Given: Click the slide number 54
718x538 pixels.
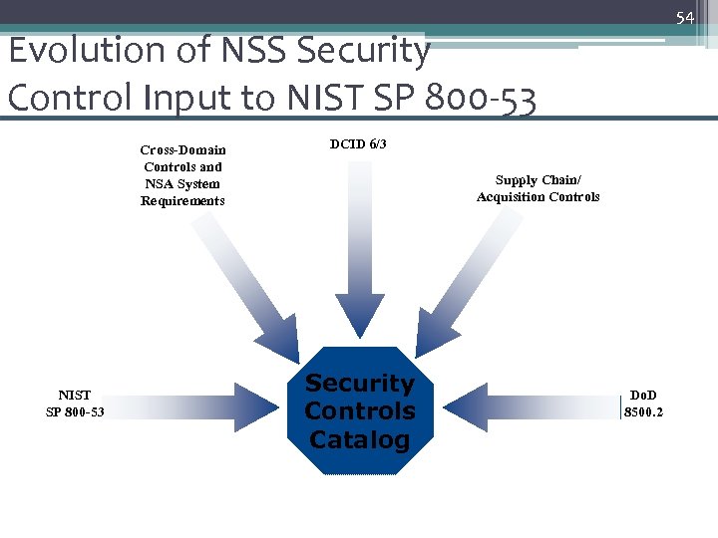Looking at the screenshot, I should tap(684, 18).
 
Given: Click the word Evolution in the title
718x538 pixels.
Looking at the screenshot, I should tap(73, 50).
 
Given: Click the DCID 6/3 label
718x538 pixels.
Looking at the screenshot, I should tap(357, 144).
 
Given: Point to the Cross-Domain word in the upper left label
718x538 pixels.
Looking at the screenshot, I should tap(182, 150).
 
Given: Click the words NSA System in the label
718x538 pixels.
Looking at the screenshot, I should tap(182, 184).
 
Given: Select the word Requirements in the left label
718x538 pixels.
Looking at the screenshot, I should tap(182, 201).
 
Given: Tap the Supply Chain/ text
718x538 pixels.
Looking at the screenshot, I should tap(538, 180).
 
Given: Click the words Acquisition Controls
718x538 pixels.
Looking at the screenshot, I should tap(538, 197).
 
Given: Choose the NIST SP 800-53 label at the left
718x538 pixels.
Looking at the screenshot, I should tap(75, 403).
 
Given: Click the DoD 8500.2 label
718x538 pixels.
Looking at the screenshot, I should tap(643, 403).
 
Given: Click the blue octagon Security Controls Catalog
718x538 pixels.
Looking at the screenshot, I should tap(359, 410).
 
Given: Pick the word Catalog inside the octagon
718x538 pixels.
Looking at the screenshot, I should tap(359, 439).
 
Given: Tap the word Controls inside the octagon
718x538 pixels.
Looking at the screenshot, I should tap(359, 410).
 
